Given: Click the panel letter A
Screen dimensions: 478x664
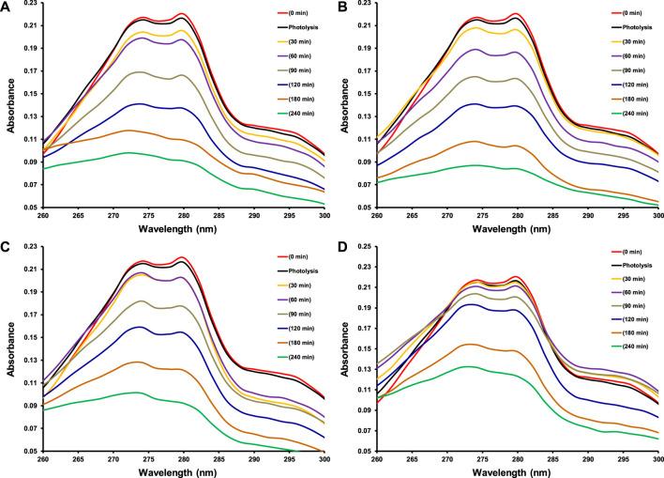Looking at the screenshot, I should point(7,7).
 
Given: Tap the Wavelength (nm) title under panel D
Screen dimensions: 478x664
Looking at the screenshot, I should point(518,471).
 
